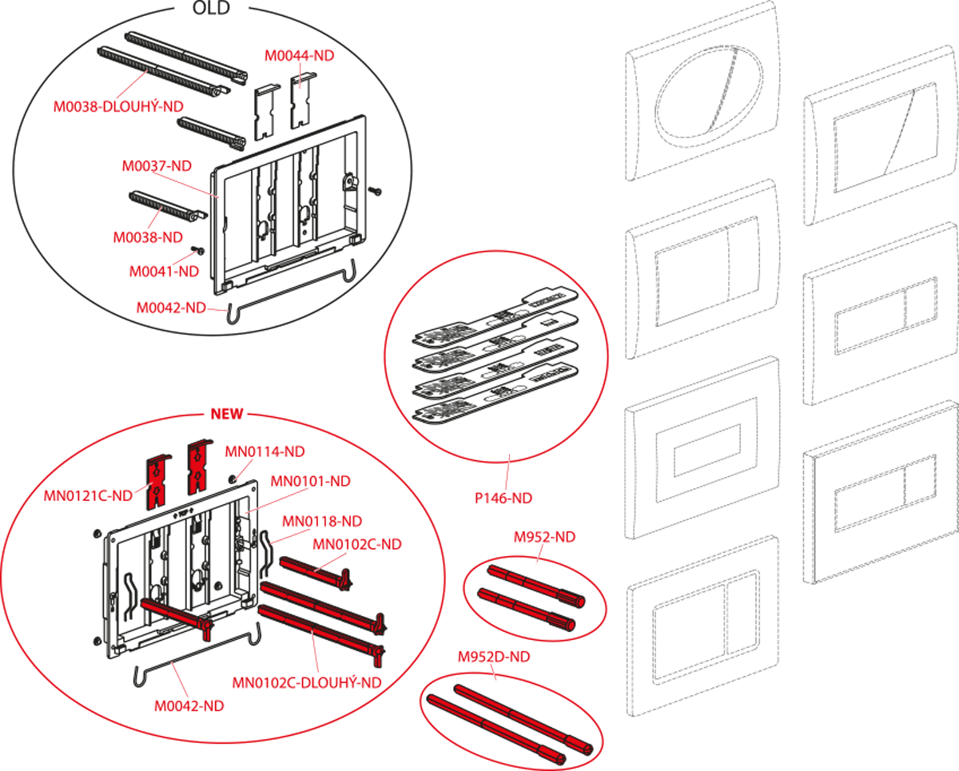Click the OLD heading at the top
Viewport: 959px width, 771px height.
pos(211,7)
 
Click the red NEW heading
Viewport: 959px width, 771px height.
pos(227,414)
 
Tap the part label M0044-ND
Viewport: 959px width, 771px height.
pos(300,56)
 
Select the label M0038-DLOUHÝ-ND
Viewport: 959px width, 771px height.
pos(118,106)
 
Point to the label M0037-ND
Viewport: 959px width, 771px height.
pos(157,166)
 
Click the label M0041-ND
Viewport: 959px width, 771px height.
pos(164,272)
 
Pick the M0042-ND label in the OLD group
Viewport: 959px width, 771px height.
pos(171,308)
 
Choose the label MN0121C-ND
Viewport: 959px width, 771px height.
pos(88,495)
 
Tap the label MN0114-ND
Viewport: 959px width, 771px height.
pos(265,451)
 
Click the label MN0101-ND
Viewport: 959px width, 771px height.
pos(311,481)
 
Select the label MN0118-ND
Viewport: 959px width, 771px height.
pos(322,521)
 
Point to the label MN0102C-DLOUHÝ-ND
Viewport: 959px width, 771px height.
pos(307,683)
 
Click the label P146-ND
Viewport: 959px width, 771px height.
pos(503,498)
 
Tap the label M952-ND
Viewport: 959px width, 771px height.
pos(544,537)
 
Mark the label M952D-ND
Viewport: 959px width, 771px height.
pos(494,657)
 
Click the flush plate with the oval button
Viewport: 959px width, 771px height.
pos(703,91)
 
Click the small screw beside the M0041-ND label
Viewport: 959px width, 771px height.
pos(197,250)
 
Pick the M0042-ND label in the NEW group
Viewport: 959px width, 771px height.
pos(189,706)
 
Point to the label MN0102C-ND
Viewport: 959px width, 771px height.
pos(357,544)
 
